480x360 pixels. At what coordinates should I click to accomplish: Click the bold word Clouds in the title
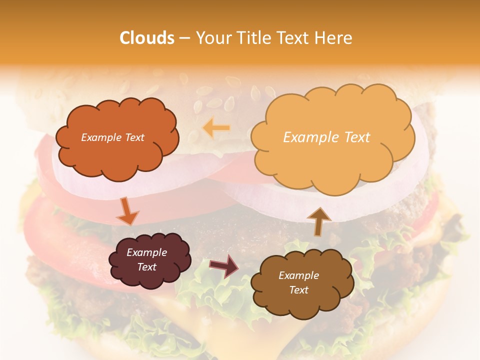coord(147,38)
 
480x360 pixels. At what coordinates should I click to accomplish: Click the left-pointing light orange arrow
coord(216,128)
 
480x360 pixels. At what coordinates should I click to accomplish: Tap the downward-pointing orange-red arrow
coord(127,211)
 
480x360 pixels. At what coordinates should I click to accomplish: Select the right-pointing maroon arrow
coord(224,265)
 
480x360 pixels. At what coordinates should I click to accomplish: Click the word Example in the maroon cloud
coord(146,252)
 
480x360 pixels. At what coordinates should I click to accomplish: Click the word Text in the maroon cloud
coord(147,267)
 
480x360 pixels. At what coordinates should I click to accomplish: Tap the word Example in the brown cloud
coord(298,275)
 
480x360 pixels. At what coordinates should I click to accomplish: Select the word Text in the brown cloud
coord(298,290)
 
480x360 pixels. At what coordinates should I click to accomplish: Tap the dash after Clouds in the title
coord(184,38)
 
